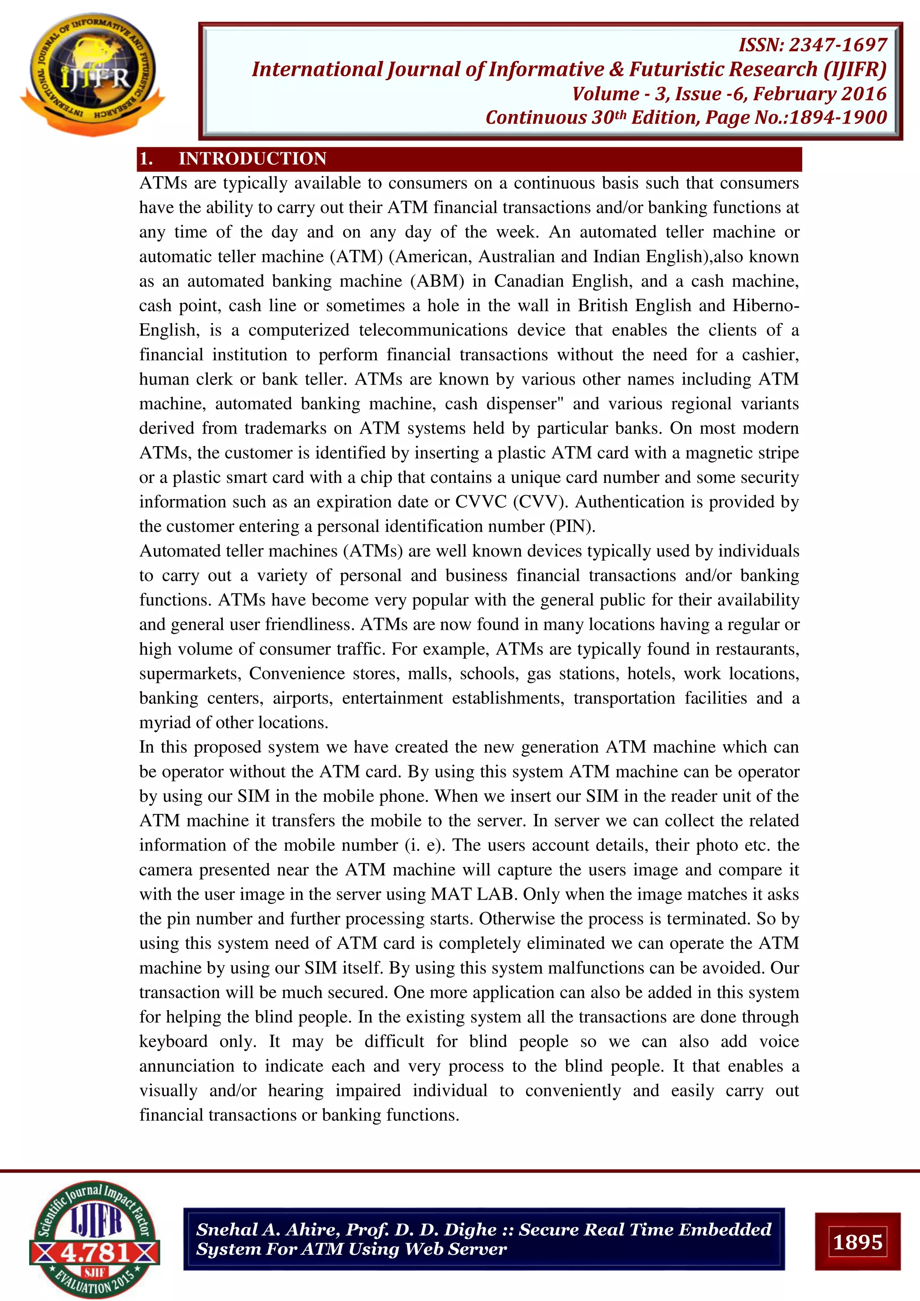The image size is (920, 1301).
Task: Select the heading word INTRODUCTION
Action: pos(252,159)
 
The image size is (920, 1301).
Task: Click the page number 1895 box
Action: pos(857,1242)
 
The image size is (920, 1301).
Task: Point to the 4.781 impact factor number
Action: pos(95,1252)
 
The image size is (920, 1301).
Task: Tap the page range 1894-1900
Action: pos(838,117)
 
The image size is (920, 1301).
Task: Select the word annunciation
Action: pos(186,1066)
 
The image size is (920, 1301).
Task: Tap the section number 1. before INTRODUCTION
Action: pos(146,159)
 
